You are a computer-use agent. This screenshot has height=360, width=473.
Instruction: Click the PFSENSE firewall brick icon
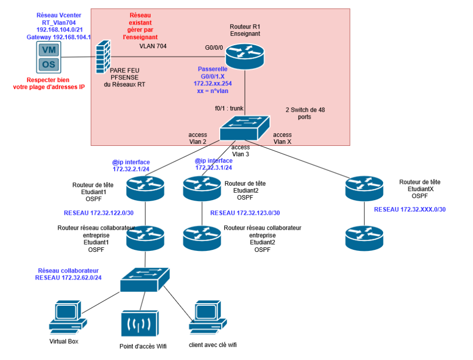tap(103, 57)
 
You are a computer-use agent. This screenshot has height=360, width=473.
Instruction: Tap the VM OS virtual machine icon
tap(49, 57)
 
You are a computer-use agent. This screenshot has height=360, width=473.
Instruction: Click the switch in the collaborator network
tap(145, 279)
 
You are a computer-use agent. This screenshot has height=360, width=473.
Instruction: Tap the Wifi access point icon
tap(140, 324)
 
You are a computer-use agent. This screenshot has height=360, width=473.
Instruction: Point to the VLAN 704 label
tap(153, 46)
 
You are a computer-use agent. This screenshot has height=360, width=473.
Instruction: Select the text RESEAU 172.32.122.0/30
tap(96, 213)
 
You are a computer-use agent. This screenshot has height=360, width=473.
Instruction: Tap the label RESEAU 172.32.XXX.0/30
tap(410, 209)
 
